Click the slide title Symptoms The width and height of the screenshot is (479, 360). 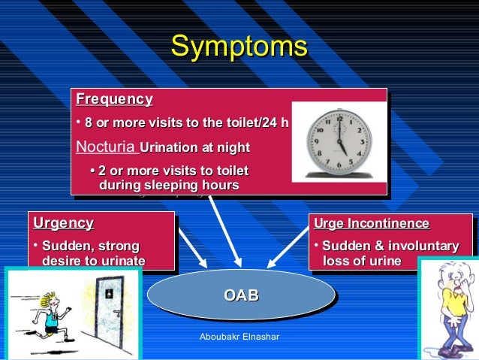coord(239,47)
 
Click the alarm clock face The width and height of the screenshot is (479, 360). coord(337,140)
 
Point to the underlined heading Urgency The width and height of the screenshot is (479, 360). coord(64,223)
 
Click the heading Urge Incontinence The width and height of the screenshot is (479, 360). coord(371,223)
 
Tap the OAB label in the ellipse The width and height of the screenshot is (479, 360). coord(241,295)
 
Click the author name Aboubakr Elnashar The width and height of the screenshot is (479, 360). coord(239,337)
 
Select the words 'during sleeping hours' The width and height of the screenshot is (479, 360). coord(169,185)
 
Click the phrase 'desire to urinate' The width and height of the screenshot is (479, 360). coord(94,261)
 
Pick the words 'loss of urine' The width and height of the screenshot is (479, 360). coord(361,261)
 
